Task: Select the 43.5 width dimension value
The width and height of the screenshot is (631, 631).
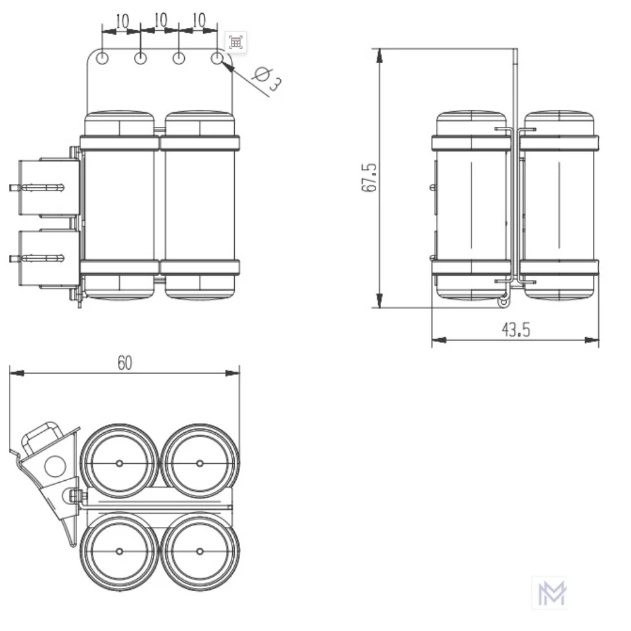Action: pyautogui.click(x=516, y=330)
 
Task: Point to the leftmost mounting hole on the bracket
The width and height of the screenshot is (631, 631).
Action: pyautogui.click(x=102, y=59)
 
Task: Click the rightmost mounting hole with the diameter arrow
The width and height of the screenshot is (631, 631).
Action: pyautogui.click(x=218, y=59)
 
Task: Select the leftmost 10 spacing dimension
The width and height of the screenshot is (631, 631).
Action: pyautogui.click(x=122, y=21)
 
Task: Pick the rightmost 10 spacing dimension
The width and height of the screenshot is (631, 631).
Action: pyautogui.click(x=199, y=21)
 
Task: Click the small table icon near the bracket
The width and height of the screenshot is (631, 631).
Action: pyautogui.click(x=235, y=42)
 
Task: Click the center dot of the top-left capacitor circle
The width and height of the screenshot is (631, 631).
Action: pyautogui.click(x=119, y=463)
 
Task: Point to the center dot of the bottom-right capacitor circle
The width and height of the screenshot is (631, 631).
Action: pyautogui.click(x=200, y=551)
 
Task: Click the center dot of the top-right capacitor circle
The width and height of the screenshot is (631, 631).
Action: pyautogui.click(x=200, y=463)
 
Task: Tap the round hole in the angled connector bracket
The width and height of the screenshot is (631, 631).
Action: pyautogui.click(x=55, y=466)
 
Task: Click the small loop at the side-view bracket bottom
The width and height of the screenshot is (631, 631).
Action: pyautogui.click(x=503, y=303)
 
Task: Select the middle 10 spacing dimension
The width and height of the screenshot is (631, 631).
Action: pyautogui.click(x=160, y=21)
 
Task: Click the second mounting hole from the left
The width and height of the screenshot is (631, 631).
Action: pyautogui.click(x=141, y=59)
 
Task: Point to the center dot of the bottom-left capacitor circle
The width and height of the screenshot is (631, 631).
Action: pyautogui.click(x=119, y=551)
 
